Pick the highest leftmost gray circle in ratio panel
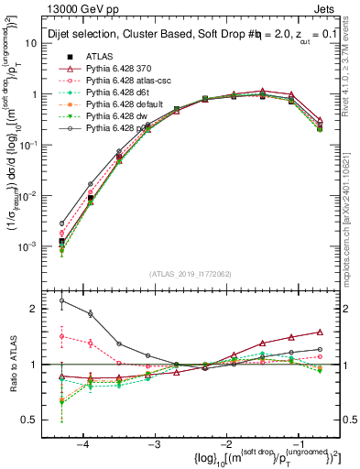click(x=61, y=300)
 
